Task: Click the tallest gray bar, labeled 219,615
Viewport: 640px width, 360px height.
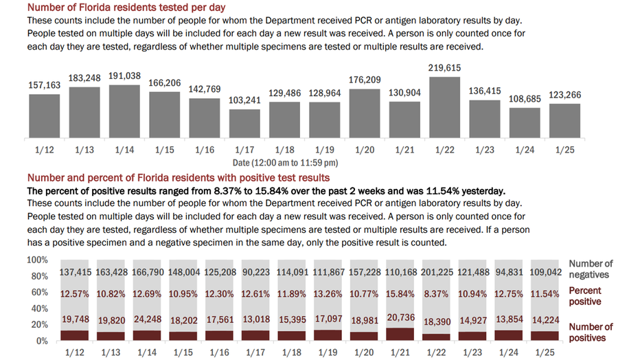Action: (444, 107)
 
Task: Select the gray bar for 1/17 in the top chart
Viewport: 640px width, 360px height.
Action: (244, 124)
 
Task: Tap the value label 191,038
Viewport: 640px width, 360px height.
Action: (124, 76)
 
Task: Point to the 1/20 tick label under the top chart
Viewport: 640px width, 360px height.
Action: (365, 150)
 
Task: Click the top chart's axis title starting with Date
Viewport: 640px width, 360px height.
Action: (285, 163)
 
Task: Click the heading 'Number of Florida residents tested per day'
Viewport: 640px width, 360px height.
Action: (126, 8)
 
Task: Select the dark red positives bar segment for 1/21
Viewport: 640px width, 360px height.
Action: (400, 335)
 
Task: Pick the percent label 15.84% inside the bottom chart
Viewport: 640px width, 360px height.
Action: (400, 294)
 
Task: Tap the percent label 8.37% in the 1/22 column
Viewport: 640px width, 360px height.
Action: (436, 294)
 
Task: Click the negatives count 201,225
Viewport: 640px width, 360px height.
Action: (437, 272)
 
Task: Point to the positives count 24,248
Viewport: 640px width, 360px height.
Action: (148, 319)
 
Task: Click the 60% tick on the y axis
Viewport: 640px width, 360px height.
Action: (40, 292)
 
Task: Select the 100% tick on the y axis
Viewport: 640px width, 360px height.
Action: (38, 260)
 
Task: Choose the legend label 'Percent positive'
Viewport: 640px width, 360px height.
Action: (585, 296)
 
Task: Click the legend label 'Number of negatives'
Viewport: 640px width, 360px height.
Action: (591, 269)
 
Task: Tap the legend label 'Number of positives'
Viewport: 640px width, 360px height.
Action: (591, 333)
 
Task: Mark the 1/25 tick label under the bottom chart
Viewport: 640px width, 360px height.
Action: (545, 352)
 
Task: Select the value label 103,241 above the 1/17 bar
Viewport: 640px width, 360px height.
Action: (244, 100)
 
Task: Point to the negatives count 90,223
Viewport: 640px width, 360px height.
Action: (256, 272)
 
